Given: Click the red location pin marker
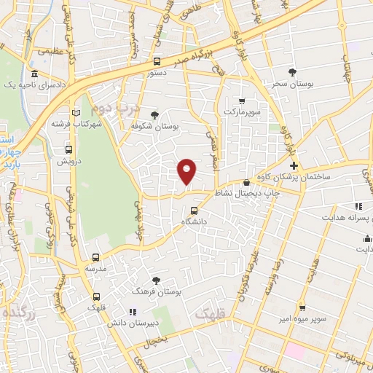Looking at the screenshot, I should (186, 171).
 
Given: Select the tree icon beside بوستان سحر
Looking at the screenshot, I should (292, 72).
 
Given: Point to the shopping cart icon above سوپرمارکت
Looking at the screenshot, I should (242, 101).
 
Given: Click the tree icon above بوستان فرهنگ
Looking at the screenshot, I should (156, 280).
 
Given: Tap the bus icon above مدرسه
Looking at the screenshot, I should (95, 257).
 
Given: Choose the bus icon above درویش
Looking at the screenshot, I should (68, 150).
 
